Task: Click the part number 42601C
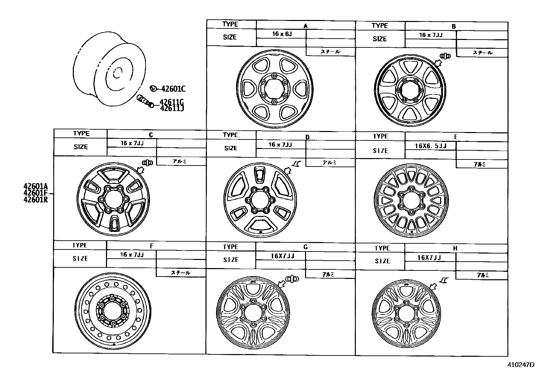point(173,89)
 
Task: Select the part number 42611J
point(172,108)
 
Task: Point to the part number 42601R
point(36,199)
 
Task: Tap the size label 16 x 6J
point(282,34)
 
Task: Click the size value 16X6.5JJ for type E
point(431,146)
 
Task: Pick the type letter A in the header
point(305,26)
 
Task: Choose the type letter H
point(455,248)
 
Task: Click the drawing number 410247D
point(521,365)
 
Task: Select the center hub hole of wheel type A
point(275,89)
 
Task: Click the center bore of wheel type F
point(113,310)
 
